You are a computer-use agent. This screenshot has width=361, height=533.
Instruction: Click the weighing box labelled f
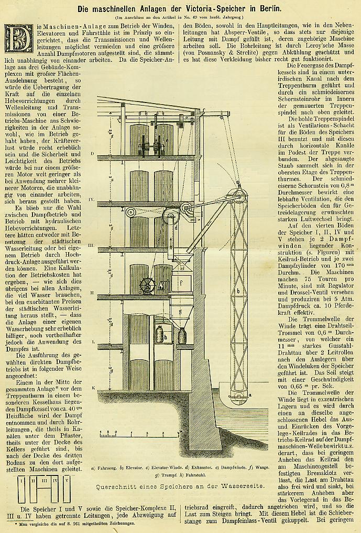184,283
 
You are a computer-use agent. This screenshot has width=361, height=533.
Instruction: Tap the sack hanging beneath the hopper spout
182,335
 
